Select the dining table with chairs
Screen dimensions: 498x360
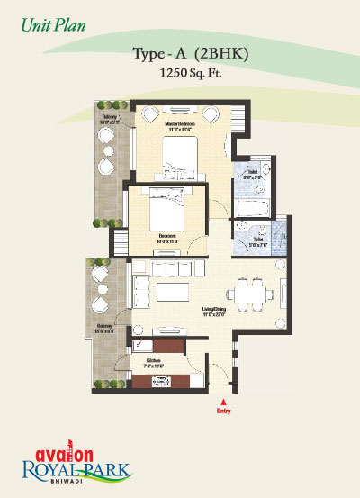coord(248,293)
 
